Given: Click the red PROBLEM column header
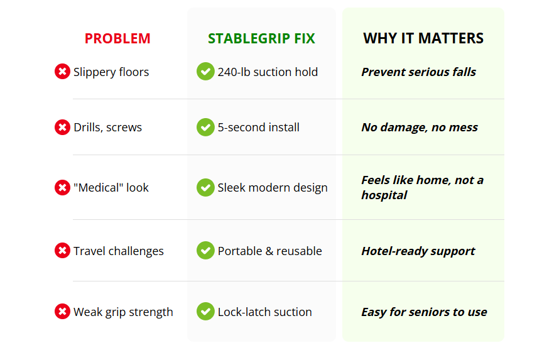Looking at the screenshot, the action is point(117,38).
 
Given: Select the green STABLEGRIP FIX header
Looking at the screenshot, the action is point(261,38).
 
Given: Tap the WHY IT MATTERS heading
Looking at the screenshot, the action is point(423,38).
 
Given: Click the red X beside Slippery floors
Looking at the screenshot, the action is point(62,71).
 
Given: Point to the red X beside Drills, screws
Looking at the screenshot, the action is point(62,127).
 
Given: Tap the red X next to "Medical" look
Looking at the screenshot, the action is point(62,187).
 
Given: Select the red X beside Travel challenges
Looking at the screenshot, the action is point(62,251).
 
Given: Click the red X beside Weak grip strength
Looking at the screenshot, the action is point(62,312).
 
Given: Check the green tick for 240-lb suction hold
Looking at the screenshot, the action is point(205,71).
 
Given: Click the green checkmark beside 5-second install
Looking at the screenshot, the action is point(205,127).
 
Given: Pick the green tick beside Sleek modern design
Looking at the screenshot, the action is point(205,187).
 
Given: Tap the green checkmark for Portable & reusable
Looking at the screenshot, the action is point(205,250).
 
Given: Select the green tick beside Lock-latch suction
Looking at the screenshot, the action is point(205,311).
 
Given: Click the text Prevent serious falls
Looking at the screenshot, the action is point(418,72).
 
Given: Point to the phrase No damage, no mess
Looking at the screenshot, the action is point(420,128).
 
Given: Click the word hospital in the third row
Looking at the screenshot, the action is point(384,195).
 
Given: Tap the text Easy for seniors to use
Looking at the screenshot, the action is point(424,312).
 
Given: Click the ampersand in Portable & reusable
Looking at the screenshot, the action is point(269,251).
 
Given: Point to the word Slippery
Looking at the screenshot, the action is point(94,72).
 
